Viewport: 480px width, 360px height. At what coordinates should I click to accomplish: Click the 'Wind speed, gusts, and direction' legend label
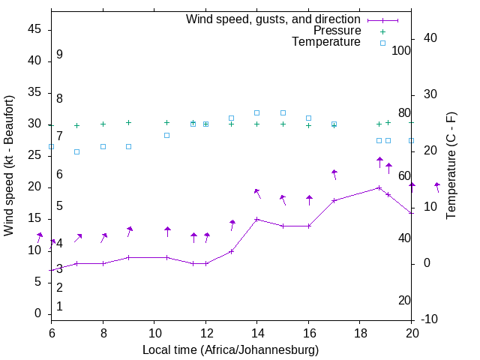point(273,19)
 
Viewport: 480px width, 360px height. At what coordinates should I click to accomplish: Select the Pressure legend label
point(337,31)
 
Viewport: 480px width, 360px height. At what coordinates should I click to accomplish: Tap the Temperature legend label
point(326,42)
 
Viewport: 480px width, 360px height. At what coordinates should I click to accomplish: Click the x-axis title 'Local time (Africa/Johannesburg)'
point(231,349)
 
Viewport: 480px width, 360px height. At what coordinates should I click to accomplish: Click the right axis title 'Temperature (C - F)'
point(451,166)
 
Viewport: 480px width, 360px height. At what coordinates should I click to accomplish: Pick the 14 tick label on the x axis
point(256,331)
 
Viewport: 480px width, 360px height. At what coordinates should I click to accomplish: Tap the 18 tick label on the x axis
point(359,331)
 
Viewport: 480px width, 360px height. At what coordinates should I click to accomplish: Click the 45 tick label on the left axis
point(34,29)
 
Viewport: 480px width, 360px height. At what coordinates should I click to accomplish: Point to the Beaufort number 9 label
point(59,55)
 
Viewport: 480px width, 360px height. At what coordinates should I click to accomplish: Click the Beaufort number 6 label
point(59,175)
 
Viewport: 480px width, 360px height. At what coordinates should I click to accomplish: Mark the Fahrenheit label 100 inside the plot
point(401,50)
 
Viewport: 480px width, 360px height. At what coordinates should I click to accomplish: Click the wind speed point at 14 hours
point(256,220)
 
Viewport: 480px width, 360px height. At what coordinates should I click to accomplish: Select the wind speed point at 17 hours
point(334,200)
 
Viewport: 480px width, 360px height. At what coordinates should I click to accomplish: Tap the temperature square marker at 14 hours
point(256,113)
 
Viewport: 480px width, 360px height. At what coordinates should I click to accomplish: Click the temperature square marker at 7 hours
point(76,151)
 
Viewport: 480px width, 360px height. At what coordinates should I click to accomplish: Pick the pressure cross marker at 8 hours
point(103,124)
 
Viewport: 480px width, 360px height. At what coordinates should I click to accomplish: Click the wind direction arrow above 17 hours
point(334,174)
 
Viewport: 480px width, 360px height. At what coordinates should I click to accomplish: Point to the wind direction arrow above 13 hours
point(232,225)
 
